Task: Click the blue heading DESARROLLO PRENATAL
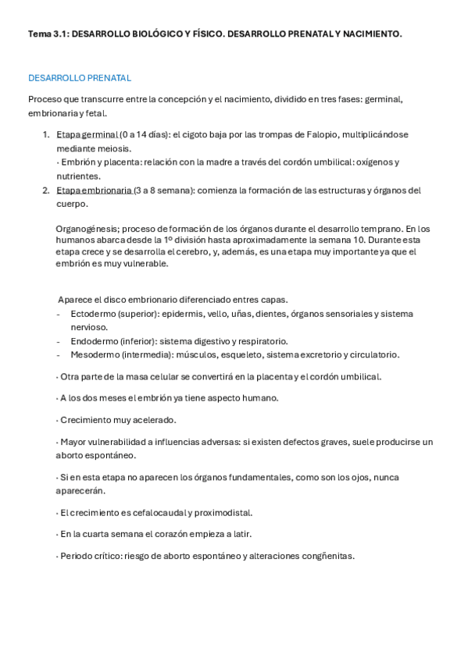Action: (x=80, y=78)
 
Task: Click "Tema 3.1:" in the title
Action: (x=48, y=34)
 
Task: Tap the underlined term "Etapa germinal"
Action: (x=88, y=134)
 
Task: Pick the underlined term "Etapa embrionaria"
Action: (x=94, y=190)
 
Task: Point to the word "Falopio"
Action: (x=294, y=134)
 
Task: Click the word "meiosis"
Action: (x=114, y=148)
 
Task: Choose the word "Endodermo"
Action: (x=94, y=341)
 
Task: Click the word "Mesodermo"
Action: (x=95, y=354)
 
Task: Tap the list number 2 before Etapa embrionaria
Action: (x=46, y=190)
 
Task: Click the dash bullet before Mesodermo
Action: (x=59, y=354)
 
